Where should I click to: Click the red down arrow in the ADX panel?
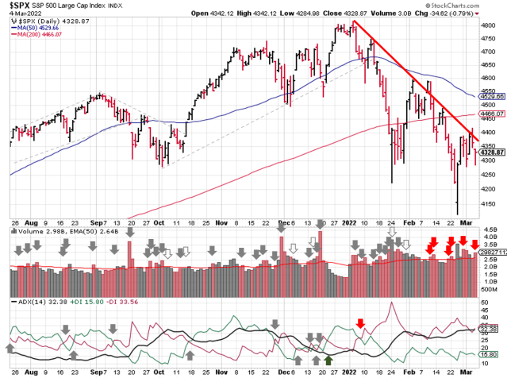coord(360,322)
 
